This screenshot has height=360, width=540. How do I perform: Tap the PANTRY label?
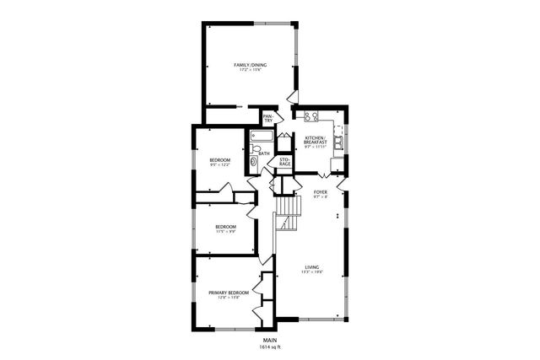(268, 119)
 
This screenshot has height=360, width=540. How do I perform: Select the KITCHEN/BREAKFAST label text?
(315, 140)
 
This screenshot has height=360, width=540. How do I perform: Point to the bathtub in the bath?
(261, 136)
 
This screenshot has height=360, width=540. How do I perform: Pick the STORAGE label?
(284, 160)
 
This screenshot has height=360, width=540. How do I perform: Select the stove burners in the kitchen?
(310, 116)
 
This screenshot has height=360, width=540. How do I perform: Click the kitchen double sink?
(337, 141)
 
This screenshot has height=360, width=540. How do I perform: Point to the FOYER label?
(320, 192)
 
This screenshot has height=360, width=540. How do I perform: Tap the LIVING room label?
(312, 267)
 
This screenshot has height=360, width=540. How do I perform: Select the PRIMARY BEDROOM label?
(229, 292)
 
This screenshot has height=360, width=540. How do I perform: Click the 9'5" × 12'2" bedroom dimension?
(219, 165)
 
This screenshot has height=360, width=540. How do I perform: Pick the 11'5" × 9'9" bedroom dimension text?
(224, 231)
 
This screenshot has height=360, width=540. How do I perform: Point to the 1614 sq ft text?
(270, 347)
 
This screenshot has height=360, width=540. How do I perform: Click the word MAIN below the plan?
(270, 339)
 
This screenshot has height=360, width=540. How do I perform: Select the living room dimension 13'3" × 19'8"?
(312, 273)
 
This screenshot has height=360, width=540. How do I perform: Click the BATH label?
(264, 153)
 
